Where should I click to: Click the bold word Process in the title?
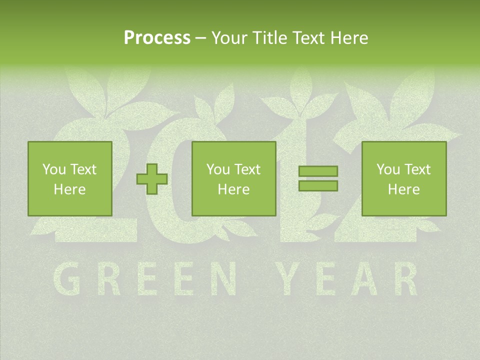tap(157, 37)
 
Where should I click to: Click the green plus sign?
tap(152, 179)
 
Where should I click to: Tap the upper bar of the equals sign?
tap(318, 171)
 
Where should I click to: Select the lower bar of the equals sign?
tap(318, 185)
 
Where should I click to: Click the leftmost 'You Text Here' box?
tap(69, 178)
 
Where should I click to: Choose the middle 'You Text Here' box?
tap(233, 178)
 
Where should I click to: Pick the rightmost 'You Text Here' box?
tap(403, 178)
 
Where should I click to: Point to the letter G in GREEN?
tap(67, 278)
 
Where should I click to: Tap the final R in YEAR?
tap(404, 278)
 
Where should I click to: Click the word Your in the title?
tap(228, 37)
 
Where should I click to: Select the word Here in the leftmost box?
tap(69, 189)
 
